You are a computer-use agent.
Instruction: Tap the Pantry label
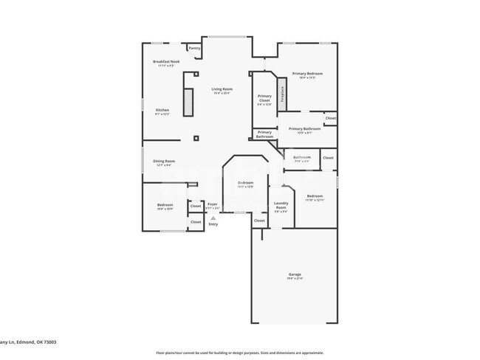[194, 48]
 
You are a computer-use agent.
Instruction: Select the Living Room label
[222, 89]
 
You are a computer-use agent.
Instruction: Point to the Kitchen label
[162, 111]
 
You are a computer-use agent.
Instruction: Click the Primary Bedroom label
[307, 74]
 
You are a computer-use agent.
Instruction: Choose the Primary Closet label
[264, 98]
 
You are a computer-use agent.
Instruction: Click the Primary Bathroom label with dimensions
[304, 129]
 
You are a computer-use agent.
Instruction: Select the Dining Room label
[164, 162]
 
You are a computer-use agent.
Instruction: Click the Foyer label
[212, 204]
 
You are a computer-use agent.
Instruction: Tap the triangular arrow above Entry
[213, 218]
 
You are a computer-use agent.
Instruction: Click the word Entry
[213, 224]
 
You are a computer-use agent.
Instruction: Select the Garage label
[295, 274]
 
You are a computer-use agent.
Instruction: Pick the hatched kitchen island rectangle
[188, 102]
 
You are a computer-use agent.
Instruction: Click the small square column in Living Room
[196, 138]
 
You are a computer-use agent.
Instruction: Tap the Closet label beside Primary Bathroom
[331, 118]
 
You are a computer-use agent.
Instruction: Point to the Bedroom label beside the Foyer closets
[165, 206]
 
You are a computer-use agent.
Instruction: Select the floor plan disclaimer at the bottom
[239, 353]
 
